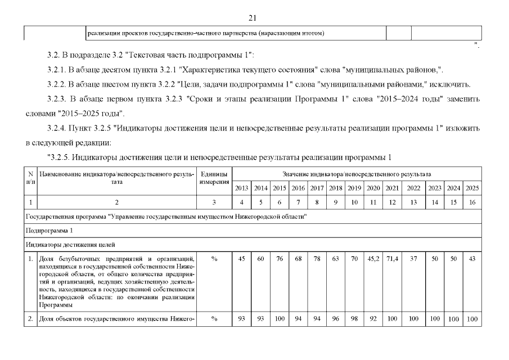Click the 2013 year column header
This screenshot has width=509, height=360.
click(241, 188)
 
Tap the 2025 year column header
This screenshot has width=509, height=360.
click(472, 188)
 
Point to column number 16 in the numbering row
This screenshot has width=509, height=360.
click(472, 201)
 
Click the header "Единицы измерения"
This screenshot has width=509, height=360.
click(214, 178)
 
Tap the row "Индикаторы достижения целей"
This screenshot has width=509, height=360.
click(70, 244)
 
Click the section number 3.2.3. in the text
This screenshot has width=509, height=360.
click(60, 99)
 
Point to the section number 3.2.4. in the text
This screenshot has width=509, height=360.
click(60, 128)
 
